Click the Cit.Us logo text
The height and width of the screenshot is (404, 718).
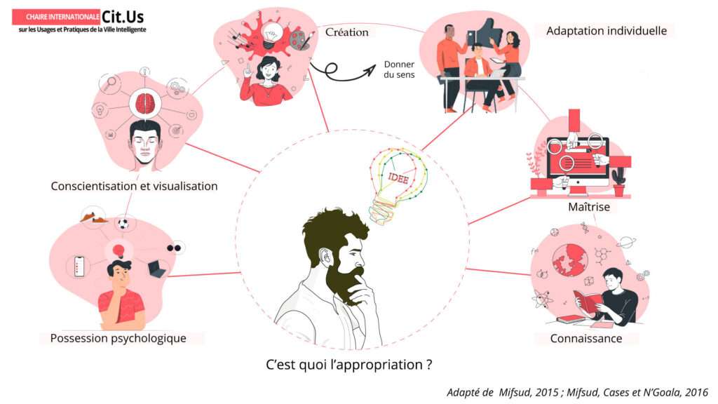click(x=123, y=16)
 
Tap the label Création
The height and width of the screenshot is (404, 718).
click(x=346, y=32)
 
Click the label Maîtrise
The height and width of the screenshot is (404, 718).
click(x=588, y=208)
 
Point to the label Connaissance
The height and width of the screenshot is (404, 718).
click(x=585, y=338)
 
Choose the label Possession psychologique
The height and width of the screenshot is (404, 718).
click(x=118, y=338)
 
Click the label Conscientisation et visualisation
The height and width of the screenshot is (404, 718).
click(x=134, y=186)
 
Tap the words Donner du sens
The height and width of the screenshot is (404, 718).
click(x=399, y=69)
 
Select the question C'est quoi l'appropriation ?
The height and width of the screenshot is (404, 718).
click(x=347, y=365)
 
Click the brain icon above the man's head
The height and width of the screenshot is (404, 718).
click(x=145, y=104)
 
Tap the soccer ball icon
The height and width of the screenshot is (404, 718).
click(x=123, y=224)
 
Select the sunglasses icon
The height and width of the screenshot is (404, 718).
click(x=174, y=248)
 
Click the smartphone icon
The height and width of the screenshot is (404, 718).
click(x=79, y=266)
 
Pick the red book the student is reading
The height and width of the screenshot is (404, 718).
click(x=586, y=302)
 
